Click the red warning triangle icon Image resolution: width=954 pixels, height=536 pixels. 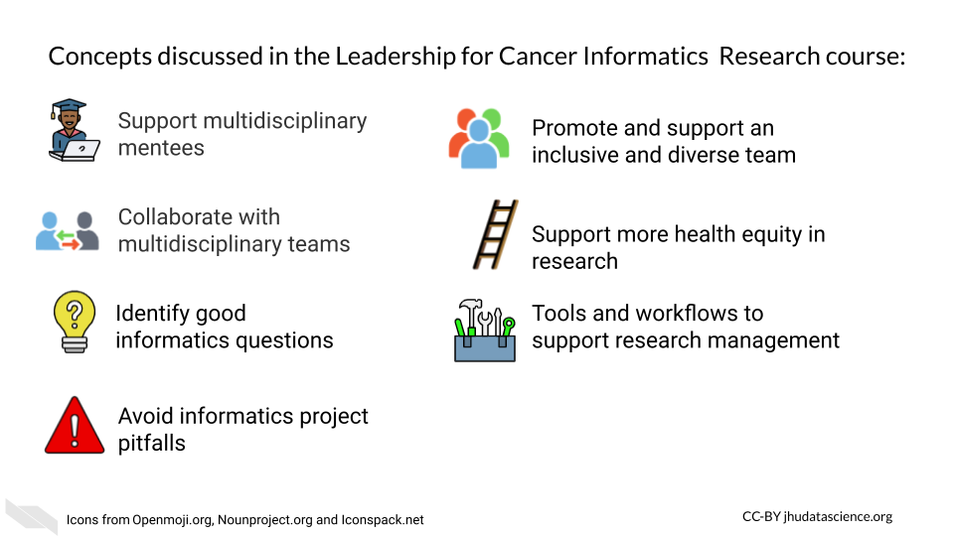(75, 426)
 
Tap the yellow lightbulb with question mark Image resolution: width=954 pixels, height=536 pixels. (75, 322)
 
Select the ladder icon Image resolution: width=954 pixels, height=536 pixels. (496, 234)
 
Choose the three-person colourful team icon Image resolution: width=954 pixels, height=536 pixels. (479, 138)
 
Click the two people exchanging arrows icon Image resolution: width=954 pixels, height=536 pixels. (67, 231)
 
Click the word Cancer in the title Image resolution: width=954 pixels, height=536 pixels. (538, 56)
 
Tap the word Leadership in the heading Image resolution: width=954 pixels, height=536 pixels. (396, 57)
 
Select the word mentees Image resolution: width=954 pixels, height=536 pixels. (161, 148)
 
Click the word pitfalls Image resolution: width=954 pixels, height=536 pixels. (151, 443)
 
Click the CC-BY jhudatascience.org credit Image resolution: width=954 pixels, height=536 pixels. (817, 516)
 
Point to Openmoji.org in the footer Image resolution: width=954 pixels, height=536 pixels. (173, 520)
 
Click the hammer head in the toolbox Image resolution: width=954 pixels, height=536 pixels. (470, 304)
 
